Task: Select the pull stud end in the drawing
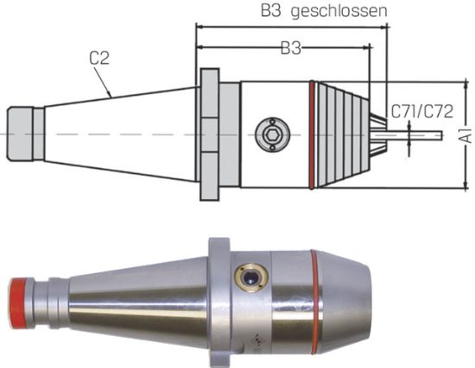(x=24, y=134)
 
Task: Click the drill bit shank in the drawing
(x=423, y=134)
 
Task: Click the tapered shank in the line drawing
(x=121, y=134)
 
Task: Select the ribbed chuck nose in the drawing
(x=341, y=134)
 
